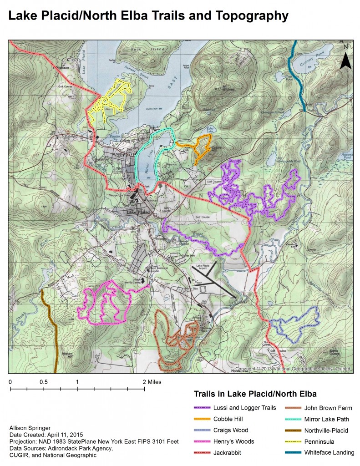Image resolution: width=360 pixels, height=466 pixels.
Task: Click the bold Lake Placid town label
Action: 138,213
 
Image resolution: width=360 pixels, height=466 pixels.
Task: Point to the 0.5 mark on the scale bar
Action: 44,382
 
